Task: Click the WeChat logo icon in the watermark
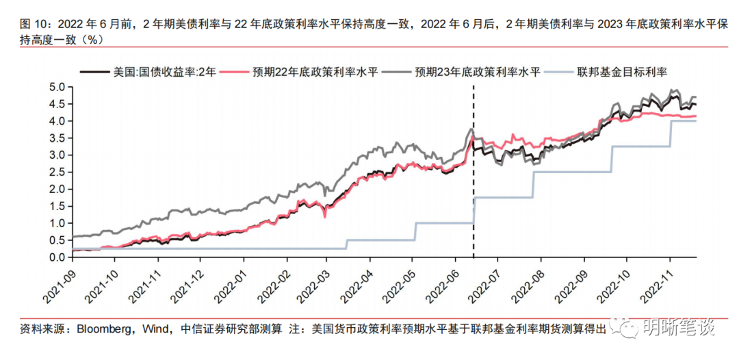626,328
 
